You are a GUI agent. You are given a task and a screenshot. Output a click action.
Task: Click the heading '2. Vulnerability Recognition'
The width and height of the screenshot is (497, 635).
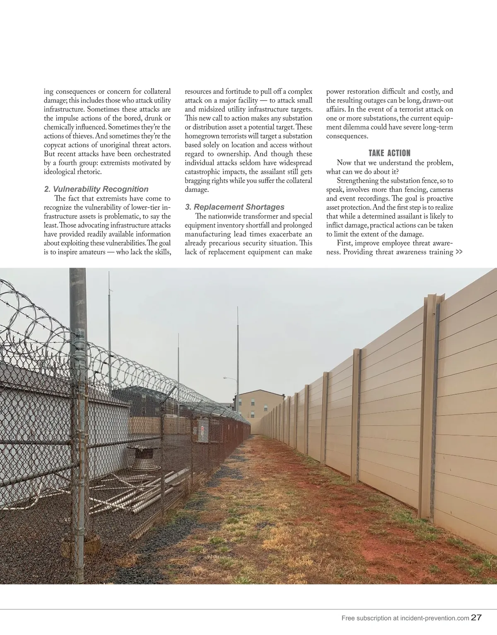tap(96, 189)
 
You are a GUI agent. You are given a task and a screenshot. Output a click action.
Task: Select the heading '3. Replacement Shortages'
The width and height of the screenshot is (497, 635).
tap(234, 207)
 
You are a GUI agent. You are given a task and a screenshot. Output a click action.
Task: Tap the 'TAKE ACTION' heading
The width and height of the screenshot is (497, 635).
tap(389, 153)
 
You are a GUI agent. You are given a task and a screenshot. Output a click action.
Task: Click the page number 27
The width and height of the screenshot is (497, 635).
tap(476, 617)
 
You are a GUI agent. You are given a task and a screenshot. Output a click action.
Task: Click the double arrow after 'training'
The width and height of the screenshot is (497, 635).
tap(459, 252)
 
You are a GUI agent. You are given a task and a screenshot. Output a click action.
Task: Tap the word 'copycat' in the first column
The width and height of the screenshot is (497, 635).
tap(56, 145)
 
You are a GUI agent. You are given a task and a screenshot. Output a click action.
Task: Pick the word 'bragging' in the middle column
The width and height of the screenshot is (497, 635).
tap(197, 181)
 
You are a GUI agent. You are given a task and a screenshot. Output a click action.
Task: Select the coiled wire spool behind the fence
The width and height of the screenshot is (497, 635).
tap(143, 458)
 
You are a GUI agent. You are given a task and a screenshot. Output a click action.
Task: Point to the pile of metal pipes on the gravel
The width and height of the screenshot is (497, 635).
tap(137, 492)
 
